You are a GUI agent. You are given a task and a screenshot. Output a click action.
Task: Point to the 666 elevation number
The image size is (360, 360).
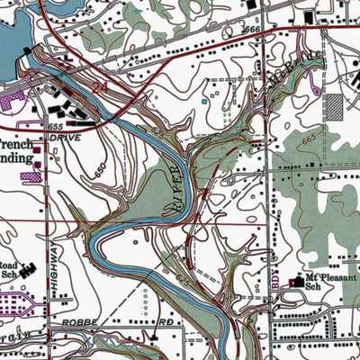tap(252, 31)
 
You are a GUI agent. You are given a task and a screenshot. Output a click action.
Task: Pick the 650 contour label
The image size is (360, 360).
tap(100, 169)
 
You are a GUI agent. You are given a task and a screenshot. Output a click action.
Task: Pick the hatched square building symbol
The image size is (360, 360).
tap(334, 105)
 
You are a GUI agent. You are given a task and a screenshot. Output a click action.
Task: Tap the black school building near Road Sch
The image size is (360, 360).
tap(30, 267)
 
